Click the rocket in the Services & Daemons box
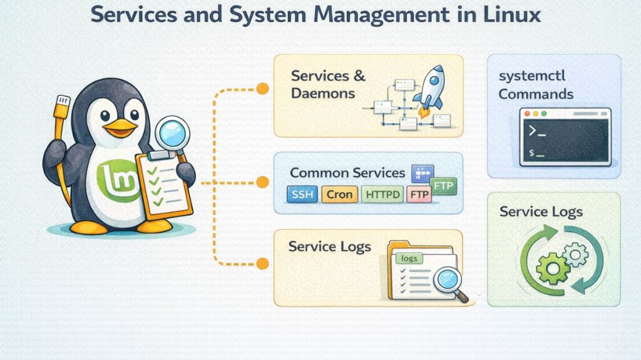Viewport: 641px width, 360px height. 431,90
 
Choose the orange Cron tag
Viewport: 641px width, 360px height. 340,195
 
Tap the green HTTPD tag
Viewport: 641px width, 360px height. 382,195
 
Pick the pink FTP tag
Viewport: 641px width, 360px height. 419,195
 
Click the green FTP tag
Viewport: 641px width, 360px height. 444,186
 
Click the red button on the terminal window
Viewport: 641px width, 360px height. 527,114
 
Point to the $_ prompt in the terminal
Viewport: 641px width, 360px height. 536,153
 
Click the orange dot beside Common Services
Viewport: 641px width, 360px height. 263,182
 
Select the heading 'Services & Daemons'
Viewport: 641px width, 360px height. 328,84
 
